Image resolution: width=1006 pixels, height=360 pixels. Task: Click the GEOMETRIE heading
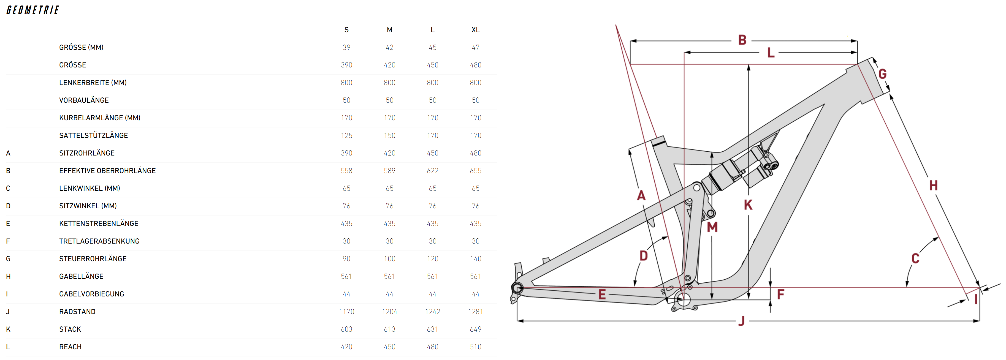(x=32, y=10)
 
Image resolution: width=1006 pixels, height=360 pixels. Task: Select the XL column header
(x=475, y=30)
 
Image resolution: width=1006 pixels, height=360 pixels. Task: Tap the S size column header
(x=346, y=30)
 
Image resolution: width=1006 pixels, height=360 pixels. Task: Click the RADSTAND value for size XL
(x=475, y=312)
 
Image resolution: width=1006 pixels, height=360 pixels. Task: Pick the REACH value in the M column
(x=389, y=347)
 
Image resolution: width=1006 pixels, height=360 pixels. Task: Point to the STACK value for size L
(x=432, y=329)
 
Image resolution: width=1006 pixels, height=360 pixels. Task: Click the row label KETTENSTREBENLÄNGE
(x=99, y=223)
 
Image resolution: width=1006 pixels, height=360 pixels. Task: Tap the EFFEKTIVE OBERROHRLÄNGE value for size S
(x=346, y=171)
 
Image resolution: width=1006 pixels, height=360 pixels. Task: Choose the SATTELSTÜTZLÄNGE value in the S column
(x=346, y=135)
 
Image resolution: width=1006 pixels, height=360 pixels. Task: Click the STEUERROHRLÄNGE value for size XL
(x=475, y=258)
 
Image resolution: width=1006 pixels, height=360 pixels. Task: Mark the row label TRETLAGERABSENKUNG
(x=99, y=241)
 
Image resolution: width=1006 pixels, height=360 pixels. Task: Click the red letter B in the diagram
(x=742, y=40)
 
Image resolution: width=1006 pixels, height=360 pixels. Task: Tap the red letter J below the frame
(x=742, y=321)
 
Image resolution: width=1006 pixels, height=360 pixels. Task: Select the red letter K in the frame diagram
(x=748, y=204)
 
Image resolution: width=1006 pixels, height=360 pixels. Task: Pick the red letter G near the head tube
(x=882, y=74)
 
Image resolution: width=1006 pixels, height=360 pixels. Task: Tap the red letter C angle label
(x=915, y=258)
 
